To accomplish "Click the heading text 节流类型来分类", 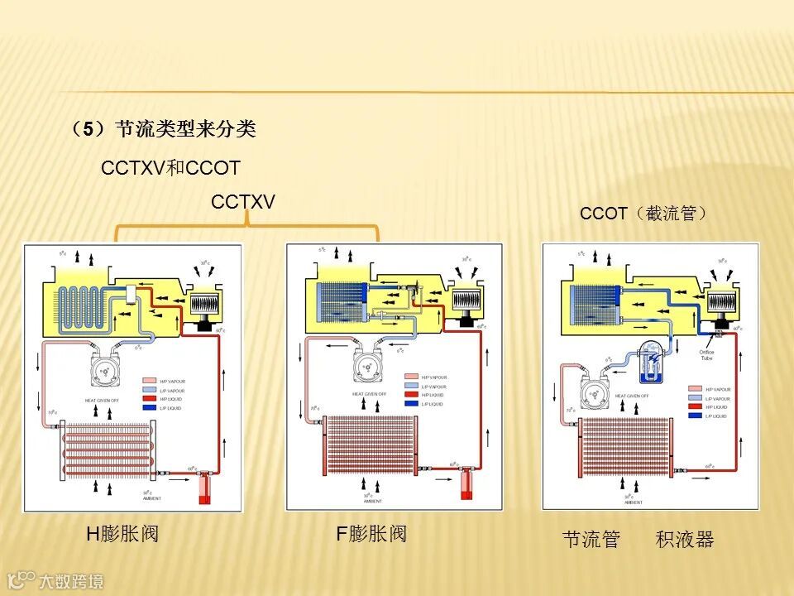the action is [x=185, y=129].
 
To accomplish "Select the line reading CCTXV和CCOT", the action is [x=170, y=169].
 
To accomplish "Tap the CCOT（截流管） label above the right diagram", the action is [x=644, y=214].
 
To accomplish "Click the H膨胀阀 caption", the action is [x=122, y=534].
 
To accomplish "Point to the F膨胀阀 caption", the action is [x=371, y=534].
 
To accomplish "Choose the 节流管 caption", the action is [x=591, y=540].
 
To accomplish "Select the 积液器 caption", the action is [x=685, y=540].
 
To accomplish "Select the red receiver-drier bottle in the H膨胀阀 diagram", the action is [x=203, y=488].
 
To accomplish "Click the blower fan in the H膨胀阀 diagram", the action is [x=204, y=305].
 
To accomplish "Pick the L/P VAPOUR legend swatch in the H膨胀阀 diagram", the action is [x=149, y=390].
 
